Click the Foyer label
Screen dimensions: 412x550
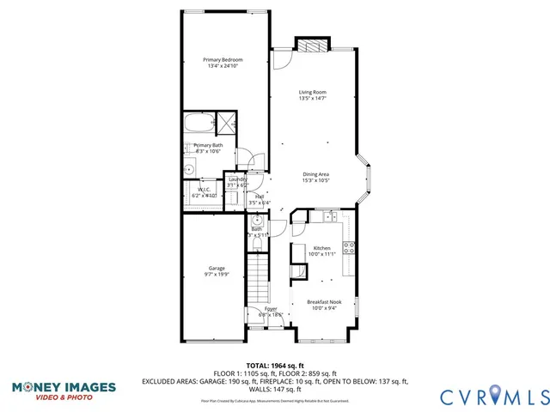271,308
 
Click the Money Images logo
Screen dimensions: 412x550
63,391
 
